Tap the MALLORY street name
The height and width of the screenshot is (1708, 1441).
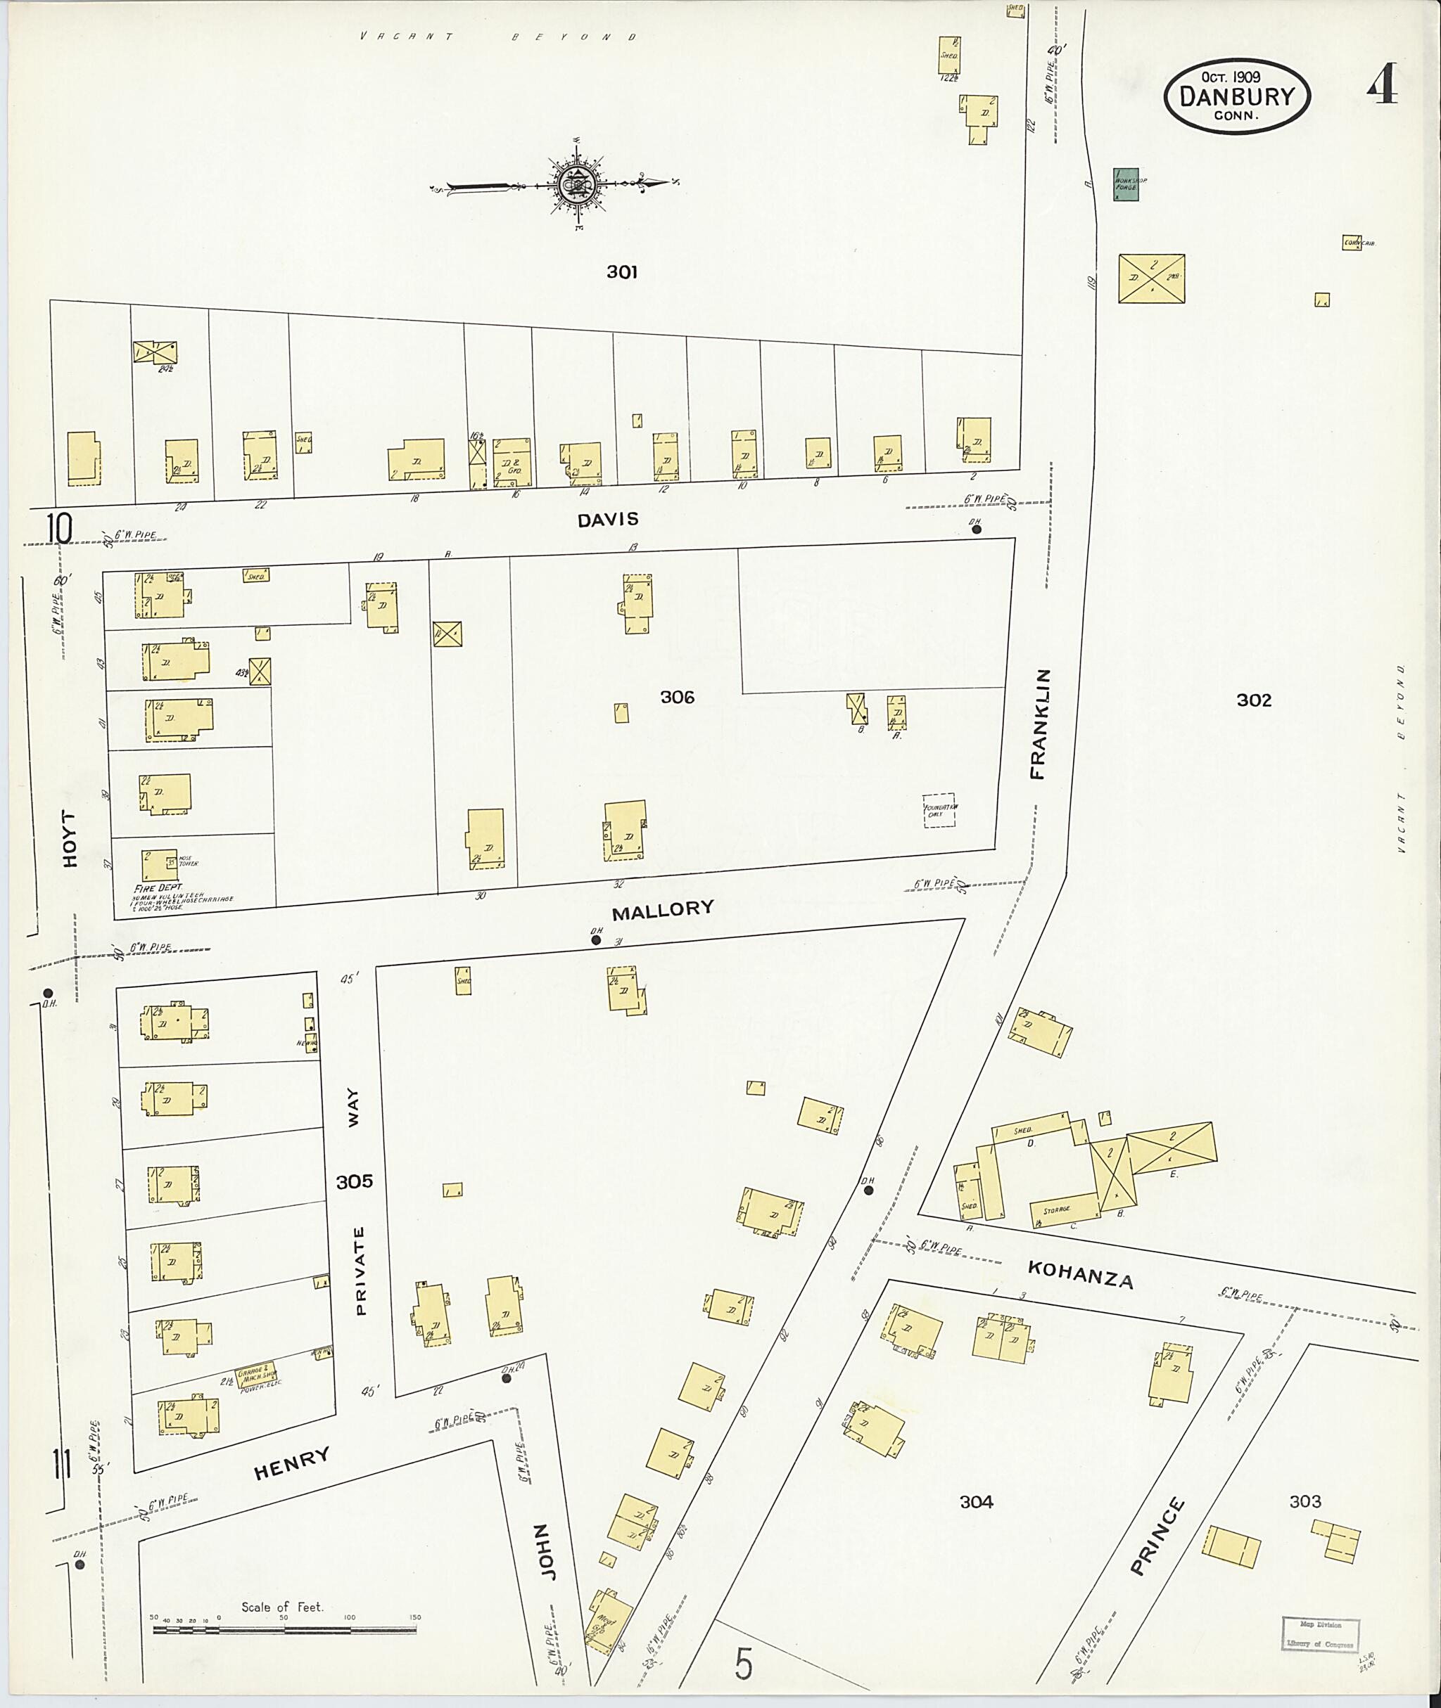pyautogui.click(x=663, y=908)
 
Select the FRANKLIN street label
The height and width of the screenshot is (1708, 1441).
pyautogui.click(x=1039, y=724)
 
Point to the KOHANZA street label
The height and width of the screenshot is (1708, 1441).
pyautogui.click(x=1080, y=1273)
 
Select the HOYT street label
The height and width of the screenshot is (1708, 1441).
pyautogui.click(x=71, y=838)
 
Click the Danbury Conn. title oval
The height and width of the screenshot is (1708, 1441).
pyautogui.click(x=1237, y=96)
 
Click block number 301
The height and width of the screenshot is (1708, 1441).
pyautogui.click(x=622, y=272)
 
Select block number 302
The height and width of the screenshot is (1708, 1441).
pyautogui.click(x=1253, y=700)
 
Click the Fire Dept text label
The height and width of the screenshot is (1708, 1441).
pyautogui.click(x=159, y=887)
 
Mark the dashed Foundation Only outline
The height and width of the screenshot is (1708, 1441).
pyautogui.click(x=939, y=811)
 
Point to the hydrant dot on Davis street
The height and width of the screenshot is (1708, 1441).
pyautogui.click(x=976, y=529)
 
